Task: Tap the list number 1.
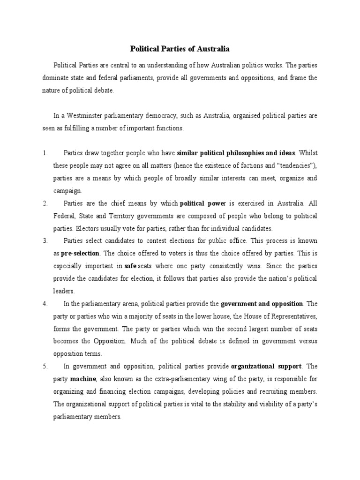click(x=45, y=153)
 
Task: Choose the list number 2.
click(x=45, y=203)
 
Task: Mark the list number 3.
click(x=45, y=241)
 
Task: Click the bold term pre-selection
click(x=80, y=254)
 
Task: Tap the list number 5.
click(x=45, y=367)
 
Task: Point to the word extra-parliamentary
click(x=173, y=379)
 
